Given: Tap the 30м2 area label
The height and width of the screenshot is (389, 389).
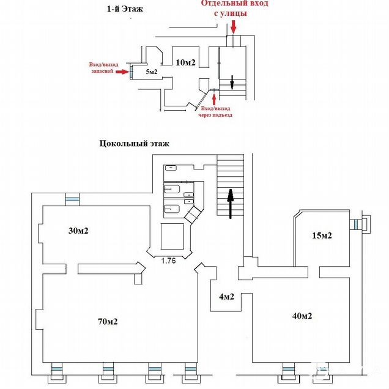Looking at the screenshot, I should click(x=79, y=231).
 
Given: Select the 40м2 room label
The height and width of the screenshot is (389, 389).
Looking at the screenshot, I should click(x=302, y=316).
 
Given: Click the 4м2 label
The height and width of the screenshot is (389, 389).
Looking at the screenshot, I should click(x=228, y=298).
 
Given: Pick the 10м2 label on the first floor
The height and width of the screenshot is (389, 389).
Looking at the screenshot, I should click(x=185, y=62).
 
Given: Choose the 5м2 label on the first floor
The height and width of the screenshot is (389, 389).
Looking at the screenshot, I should click(x=152, y=72).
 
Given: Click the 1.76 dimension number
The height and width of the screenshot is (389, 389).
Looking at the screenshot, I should click(x=169, y=261).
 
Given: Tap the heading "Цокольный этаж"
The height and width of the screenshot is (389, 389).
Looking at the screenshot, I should click(x=133, y=144).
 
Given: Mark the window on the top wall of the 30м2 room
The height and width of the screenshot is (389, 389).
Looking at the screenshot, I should click(x=73, y=199).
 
